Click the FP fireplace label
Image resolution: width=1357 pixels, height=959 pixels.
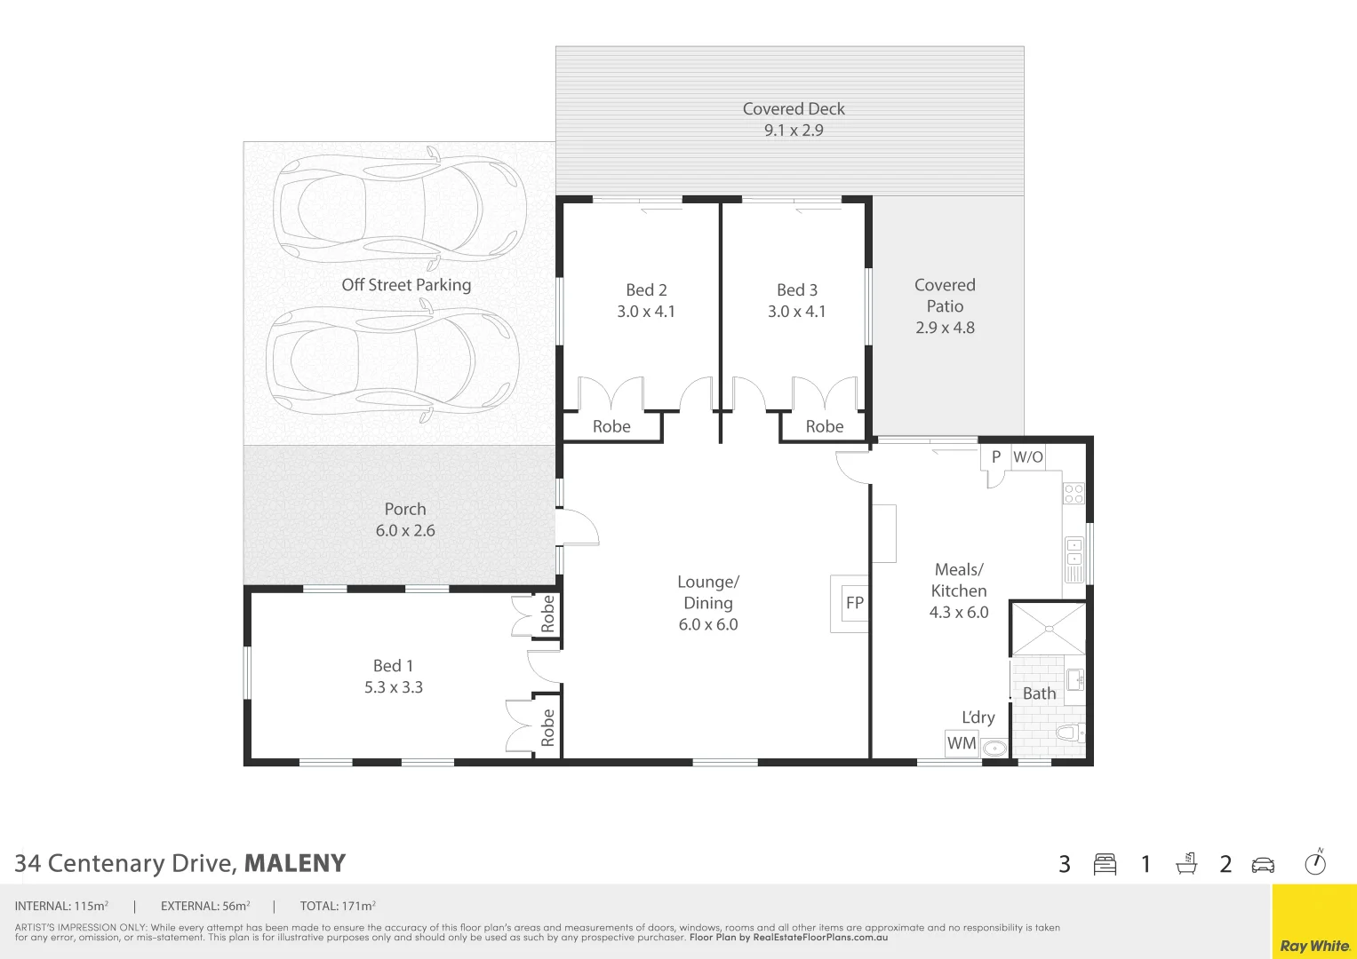[855, 603]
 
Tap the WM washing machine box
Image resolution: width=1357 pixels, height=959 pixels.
[962, 743]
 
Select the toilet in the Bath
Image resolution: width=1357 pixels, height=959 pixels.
[1070, 733]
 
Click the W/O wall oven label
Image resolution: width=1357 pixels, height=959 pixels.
[1028, 457]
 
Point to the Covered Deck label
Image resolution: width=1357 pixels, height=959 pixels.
[794, 109]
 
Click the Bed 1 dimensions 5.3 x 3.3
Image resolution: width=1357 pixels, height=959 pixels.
[394, 687]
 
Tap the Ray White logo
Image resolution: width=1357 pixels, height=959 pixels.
[1314, 945]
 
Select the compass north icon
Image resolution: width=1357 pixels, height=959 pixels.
[1315, 863]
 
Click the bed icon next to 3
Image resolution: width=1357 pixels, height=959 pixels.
[1105, 864]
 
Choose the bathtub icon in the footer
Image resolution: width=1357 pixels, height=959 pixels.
[1185, 864]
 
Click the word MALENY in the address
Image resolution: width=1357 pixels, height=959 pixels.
[295, 863]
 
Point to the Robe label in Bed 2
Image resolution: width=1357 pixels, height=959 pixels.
[611, 427]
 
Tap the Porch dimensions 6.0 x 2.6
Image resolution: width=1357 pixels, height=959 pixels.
[405, 530]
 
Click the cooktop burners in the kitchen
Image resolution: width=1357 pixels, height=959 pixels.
[1074, 494]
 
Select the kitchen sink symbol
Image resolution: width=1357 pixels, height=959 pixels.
[1074, 560]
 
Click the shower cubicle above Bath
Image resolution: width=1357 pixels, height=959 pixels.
[1049, 629]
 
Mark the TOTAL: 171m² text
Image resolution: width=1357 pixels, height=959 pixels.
[338, 907]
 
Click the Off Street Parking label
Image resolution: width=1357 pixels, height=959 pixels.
[406, 285]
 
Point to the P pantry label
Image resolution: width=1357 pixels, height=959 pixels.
[996, 457]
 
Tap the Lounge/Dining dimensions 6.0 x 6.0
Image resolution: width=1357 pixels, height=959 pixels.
[708, 624]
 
